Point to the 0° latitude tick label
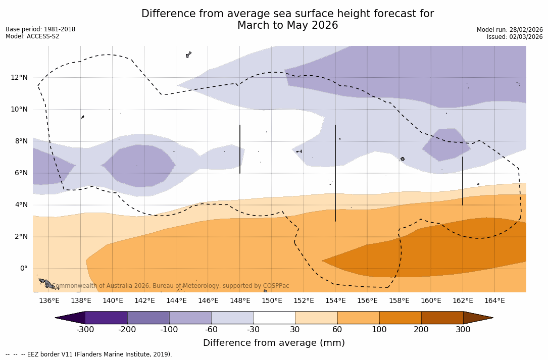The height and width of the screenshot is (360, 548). pyautogui.click(x=23, y=268)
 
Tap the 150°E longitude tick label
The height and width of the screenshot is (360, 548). pyautogui.click(x=272, y=301)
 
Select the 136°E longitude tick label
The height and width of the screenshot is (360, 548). pyautogui.click(x=49, y=301)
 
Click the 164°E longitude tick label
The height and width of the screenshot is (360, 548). pyautogui.click(x=495, y=301)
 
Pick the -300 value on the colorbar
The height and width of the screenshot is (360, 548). pyautogui.click(x=85, y=330)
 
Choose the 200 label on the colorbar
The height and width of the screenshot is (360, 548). pyautogui.click(x=421, y=330)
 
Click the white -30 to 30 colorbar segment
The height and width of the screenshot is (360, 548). pyautogui.click(x=274, y=318)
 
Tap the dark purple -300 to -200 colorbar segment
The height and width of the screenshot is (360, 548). pyautogui.click(x=106, y=318)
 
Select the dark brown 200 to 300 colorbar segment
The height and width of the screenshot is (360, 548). pyautogui.click(x=442, y=318)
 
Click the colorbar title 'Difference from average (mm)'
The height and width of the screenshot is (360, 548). pyautogui.click(x=274, y=343)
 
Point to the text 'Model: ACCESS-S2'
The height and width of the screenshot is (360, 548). pyautogui.click(x=32, y=36)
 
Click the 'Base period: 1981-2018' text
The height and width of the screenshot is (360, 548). pyautogui.click(x=40, y=29)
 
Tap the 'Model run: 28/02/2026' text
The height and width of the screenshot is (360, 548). pyautogui.click(x=510, y=30)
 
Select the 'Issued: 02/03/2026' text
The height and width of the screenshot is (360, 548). pyautogui.click(x=515, y=37)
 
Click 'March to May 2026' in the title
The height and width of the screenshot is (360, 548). pyautogui.click(x=287, y=26)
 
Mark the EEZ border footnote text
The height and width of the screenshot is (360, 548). pyautogui.click(x=89, y=354)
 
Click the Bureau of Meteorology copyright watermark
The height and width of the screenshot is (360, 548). pyautogui.click(x=171, y=286)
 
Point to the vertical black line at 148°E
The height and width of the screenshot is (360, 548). pyautogui.click(x=240, y=149)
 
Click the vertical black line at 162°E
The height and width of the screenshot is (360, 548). pyautogui.click(x=463, y=181)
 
